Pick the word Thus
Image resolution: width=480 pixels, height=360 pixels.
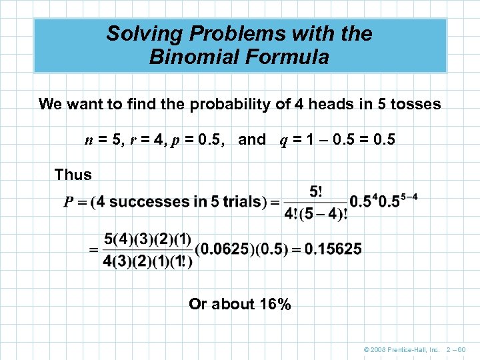click(73, 175)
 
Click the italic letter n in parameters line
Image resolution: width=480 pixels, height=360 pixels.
click(89, 140)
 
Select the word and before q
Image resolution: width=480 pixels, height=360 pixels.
click(251, 140)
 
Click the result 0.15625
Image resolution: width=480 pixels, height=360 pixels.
click(333, 249)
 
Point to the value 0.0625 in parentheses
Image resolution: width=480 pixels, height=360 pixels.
click(230, 249)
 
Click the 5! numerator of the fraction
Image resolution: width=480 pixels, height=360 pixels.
click(315, 192)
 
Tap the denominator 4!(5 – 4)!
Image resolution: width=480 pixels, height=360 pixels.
click(315, 214)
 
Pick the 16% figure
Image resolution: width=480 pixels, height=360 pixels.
click(275, 305)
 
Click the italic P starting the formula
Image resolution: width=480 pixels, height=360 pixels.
click(69, 202)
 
